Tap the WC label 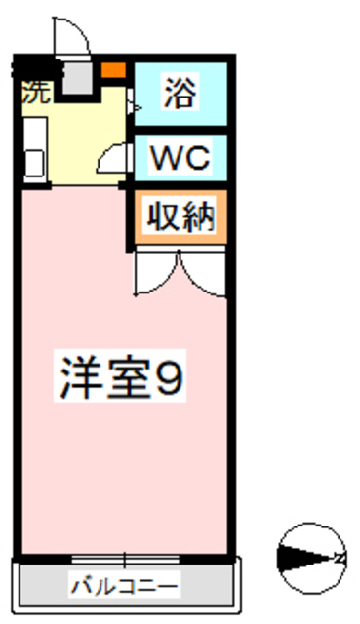[x=180, y=159]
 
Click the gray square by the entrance [x=76, y=75]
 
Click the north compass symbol [x=310, y=559]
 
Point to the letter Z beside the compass [x=340, y=559]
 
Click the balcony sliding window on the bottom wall [x=124, y=559]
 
